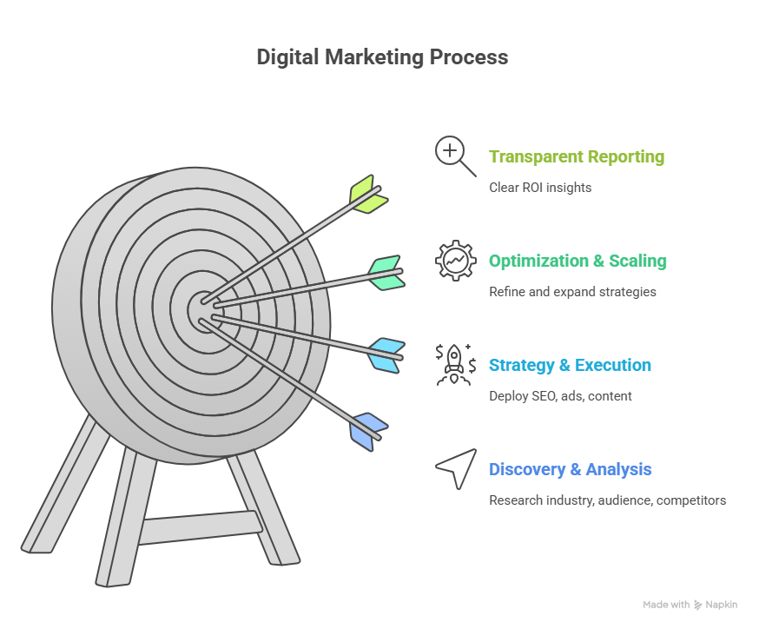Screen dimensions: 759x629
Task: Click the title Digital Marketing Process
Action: [x=382, y=57]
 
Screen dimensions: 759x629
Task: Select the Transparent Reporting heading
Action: [x=577, y=157]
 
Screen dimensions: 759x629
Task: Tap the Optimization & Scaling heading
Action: [x=577, y=261]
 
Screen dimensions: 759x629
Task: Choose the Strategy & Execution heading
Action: [x=570, y=365]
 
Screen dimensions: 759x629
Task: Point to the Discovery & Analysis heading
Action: [x=571, y=469]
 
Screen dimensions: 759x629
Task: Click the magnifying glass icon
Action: [x=455, y=156]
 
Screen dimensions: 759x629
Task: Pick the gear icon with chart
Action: [x=456, y=261]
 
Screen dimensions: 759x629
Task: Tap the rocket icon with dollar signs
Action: [x=456, y=365]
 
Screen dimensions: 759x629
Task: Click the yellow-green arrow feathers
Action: [x=367, y=194]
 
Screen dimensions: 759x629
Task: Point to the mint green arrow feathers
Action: [x=386, y=273]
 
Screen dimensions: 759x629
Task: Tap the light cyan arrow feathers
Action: [x=386, y=355]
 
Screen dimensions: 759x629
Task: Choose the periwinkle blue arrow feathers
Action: [x=368, y=432]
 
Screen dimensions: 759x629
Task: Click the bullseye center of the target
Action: [x=203, y=311]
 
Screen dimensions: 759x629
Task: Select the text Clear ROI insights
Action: [x=540, y=188]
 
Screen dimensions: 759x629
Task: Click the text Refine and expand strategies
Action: [x=572, y=292]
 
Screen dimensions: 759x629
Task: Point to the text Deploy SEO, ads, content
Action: [x=560, y=396]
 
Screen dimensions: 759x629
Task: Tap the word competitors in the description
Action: [x=691, y=500]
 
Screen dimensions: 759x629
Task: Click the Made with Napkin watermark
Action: [x=690, y=605]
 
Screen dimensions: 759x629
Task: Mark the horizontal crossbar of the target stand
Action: [x=201, y=527]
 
